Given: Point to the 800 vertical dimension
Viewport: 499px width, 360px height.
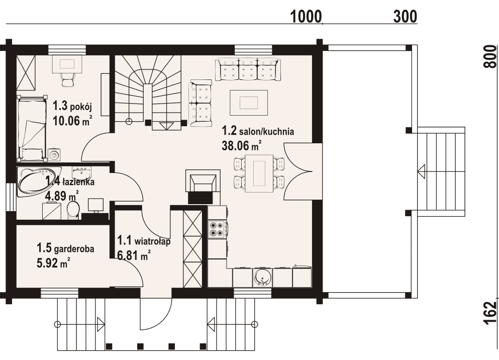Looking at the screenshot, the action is point(490,56).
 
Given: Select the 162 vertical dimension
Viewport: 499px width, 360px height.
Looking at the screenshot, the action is point(490,313).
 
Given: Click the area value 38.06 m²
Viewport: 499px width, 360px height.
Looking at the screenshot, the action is point(242,145).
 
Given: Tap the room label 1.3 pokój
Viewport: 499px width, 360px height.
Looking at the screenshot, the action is point(72,106).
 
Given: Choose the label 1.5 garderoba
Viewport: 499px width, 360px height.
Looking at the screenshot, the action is point(65,248).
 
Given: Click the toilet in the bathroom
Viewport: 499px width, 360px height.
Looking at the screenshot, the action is point(73,210).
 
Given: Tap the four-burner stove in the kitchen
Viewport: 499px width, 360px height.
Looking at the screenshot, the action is point(217,229).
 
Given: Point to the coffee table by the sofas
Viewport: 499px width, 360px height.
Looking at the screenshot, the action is point(249,103).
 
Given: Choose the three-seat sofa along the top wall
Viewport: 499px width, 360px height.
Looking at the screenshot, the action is point(248,69).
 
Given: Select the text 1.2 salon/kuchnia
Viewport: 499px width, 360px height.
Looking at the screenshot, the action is point(258,131).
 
